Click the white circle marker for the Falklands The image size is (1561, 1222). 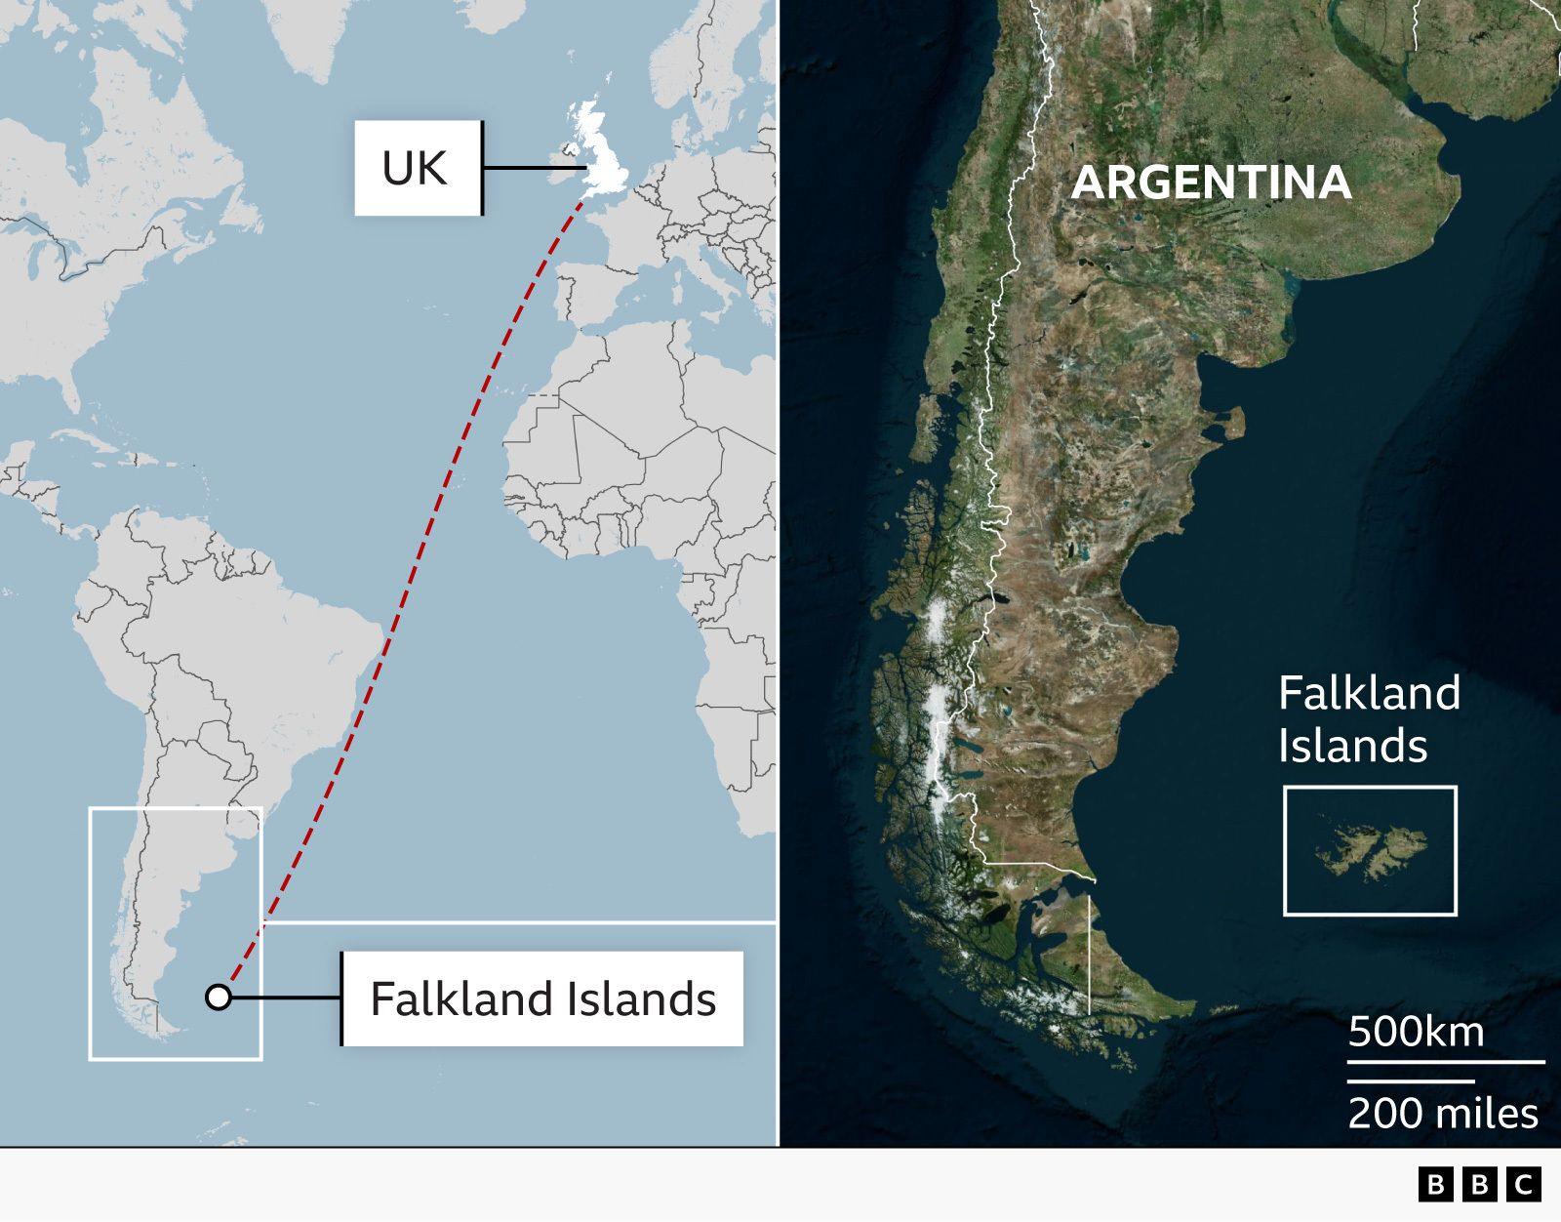point(219,998)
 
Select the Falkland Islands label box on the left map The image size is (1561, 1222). point(542,998)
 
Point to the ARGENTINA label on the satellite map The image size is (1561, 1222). point(1211,183)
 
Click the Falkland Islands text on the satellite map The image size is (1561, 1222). point(1368,719)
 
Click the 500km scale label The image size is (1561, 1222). point(1416,1032)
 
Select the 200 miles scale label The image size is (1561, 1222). point(1443,1113)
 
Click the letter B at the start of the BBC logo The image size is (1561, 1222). point(1434,1185)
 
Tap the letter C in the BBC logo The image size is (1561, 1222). point(1523,1185)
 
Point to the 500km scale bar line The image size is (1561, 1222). point(1446,1061)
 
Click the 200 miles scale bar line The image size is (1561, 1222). point(1411,1081)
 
